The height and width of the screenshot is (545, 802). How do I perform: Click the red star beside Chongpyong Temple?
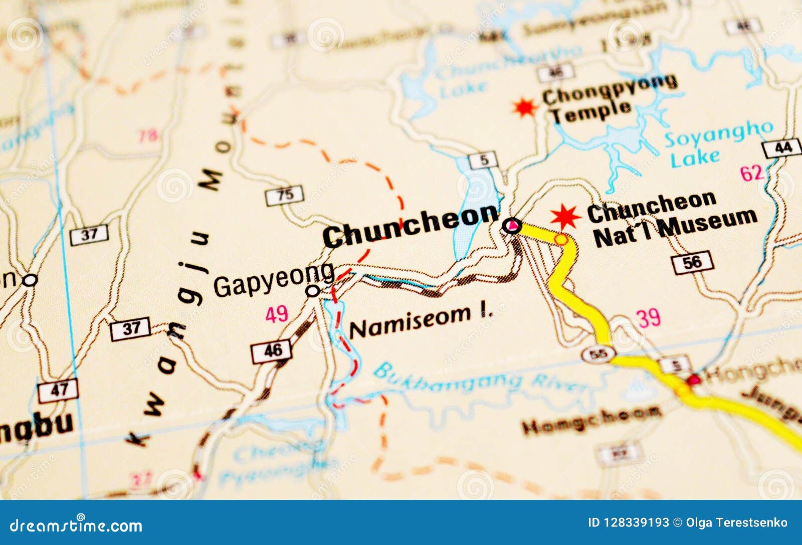click(525, 107)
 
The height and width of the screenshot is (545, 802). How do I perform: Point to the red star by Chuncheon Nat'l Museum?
click(565, 217)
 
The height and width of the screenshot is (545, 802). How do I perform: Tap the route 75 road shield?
click(284, 195)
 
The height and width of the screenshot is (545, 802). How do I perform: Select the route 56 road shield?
click(692, 262)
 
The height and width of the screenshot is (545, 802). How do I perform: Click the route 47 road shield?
click(58, 390)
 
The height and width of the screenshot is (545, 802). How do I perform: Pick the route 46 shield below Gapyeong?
click(271, 350)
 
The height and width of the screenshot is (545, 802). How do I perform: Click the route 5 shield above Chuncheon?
click(483, 160)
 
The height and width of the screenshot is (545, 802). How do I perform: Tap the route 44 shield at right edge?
click(782, 148)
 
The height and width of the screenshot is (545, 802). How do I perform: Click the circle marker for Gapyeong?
click(313, 290)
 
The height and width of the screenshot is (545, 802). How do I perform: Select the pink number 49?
click(277, 314)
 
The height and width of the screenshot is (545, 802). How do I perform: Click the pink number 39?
click(648, 318)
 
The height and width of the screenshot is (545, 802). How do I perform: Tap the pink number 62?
click(752, 173)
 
